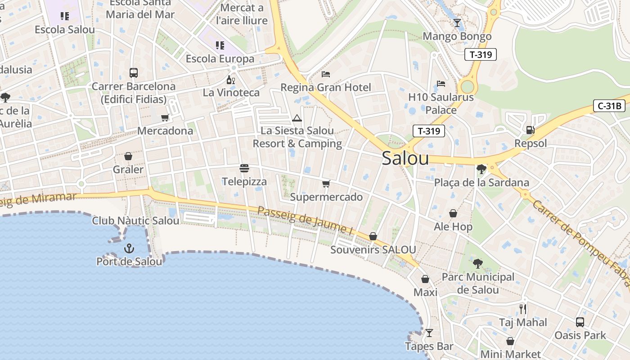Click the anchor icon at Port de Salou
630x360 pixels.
pyautogui.click(x=129, y=248)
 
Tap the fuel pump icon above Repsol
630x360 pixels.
pyautogui.click(x=531, y=130)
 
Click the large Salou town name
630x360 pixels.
pyautogui.click(x=405, y=158)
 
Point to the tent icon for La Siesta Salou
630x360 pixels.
pyautogui.click(x=297, y=118)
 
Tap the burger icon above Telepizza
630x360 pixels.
pyautogui.click(x=244, y=169)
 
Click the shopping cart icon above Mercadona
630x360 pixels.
pyautogui.click(x=165, y=118)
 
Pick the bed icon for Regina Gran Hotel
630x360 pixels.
pyautogui.click(x=326, y=74)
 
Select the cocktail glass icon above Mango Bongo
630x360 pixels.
pyautogui.click(x=457, y=23)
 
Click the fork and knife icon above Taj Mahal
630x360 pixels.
pyautogui.click(x=523, y=309)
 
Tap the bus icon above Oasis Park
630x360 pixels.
pyautogui.click(x=580, y=322)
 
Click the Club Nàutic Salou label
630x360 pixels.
pyautogui.click(x=135, y=220)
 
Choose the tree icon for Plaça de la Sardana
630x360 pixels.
pyautogui.click(x=481, y=170)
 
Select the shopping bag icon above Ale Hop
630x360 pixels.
pyautogui.click(x=453, y=213)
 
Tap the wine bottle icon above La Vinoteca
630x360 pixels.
pyautogui.click(x=231, y=80)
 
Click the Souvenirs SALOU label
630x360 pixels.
pyautogui.click(x=373, y=250)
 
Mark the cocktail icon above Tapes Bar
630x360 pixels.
pyautogui.click(x=429, y=333)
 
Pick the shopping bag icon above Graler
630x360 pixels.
pyautogui.click(x=128, y=157)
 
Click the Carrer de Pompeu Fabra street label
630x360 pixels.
pyautogui.click(x=580, y=240)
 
